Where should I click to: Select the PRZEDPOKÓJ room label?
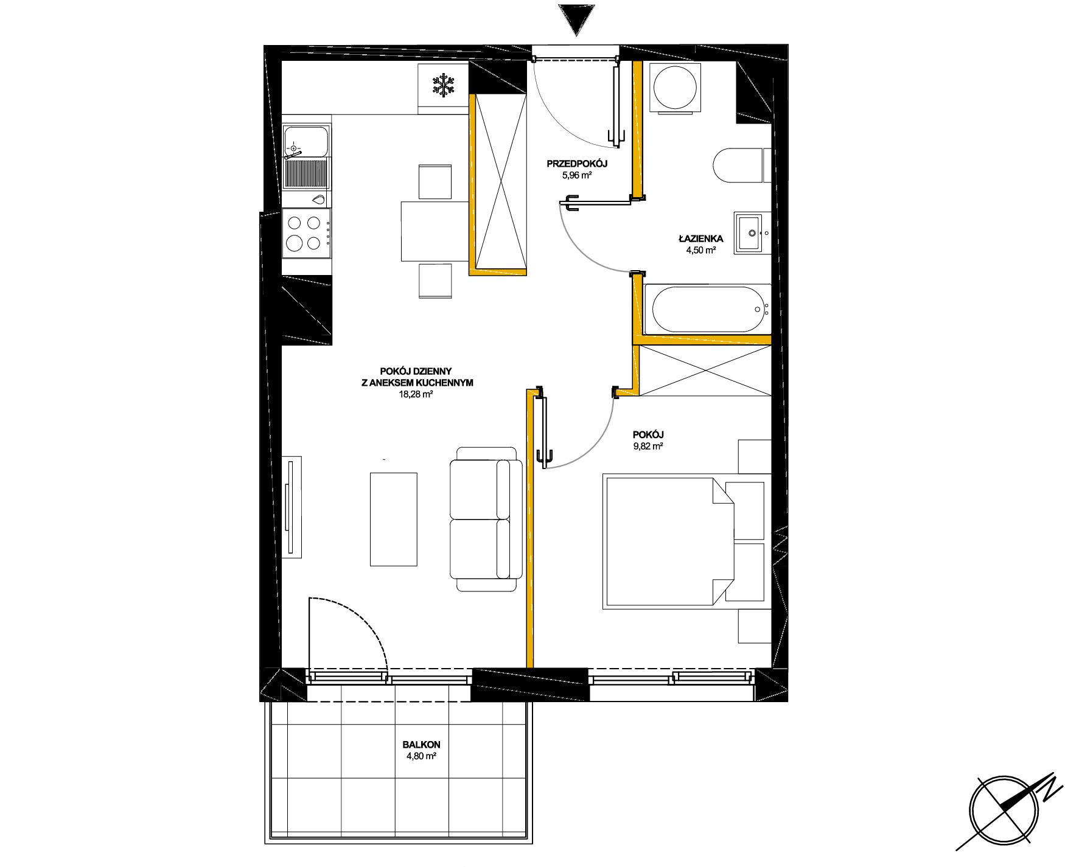click(x=577, y=164)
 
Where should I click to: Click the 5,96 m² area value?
click(x=577, y=175)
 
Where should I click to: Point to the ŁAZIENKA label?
click(x=700, y=239)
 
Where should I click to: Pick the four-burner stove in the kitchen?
click(x=307, y=233)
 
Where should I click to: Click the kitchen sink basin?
click(x=307, y=141)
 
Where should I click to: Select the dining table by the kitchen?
click(x=435, y=231)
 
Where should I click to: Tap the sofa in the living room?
click(x=486, y=518)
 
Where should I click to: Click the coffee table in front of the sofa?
click(x=394, y=519)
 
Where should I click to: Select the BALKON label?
click(x=421, y=745)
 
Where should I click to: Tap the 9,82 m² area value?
click(x=648, y=446)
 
